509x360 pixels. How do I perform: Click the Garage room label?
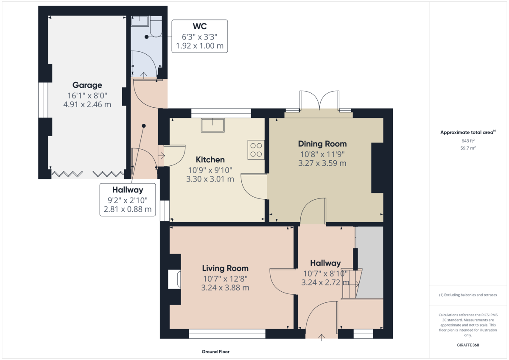pyautogui.click(x=87, y=85)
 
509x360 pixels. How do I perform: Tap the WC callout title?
pyautogui.click(x=200, y=26)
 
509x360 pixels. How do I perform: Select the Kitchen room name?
pyautogui.click(x=210, y=160)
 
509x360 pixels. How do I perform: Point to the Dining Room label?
pyautogui.click(x=322, y=144)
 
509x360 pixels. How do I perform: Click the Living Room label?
pyautogui.click(x=225, y=268)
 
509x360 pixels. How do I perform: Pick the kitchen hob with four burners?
pyautogui.click(x=256, y=150)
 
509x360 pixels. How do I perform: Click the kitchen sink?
pyautogui.click(x=213, y=125)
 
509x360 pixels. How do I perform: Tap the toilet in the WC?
pyautogui.click(x=156, y=26)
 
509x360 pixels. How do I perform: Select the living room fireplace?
pyautogui.click(x=174, y=279)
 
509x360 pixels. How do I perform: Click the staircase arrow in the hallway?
pyautogui.click(x=353, y=284)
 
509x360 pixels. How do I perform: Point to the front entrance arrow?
pyautogui.click(x=322, y=338)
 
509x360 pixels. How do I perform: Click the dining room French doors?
pyautogui.click(x=319, y=101)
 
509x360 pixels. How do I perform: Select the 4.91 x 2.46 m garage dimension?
pyautogui.click(x=87, y=104)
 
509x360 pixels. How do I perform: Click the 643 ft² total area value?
pyautogui.click(x=468, y=141)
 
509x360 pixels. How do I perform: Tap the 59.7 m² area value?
pyautogui.click(x=468, y=148)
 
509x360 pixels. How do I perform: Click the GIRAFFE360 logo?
pyautogui.click(x=468, y=345)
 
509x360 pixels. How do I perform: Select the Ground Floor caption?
pyautogui.click(x=215, y=352)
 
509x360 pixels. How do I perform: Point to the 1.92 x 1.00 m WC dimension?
pyautogui.click(x=200, y=46)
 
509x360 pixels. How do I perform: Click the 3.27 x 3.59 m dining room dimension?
pyautogui.click(x=322, y=163)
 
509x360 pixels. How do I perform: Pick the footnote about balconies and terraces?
pyautogui.click(x=468, y=295)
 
